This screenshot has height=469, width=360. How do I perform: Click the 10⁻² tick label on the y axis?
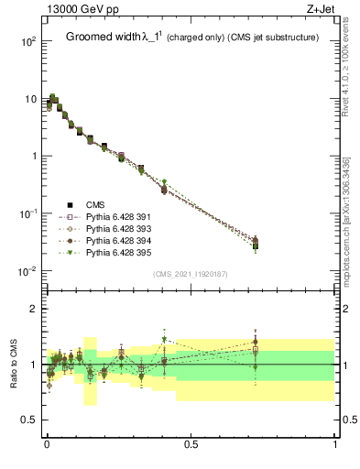(x=27, y=271)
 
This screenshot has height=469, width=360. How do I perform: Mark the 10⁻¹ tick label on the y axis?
(x=27, y=213)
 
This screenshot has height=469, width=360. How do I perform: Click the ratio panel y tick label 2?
(x=33, y=309)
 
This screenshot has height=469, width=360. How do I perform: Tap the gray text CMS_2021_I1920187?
(x=191, y=274)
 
